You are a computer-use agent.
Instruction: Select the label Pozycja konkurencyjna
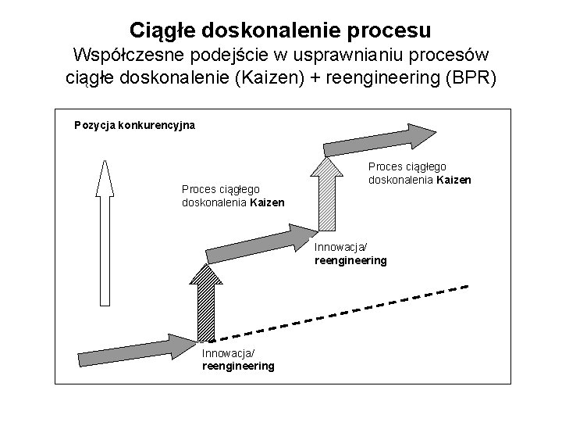[x=134, y=124]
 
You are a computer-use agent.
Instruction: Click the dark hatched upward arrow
[x=206, y=302]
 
